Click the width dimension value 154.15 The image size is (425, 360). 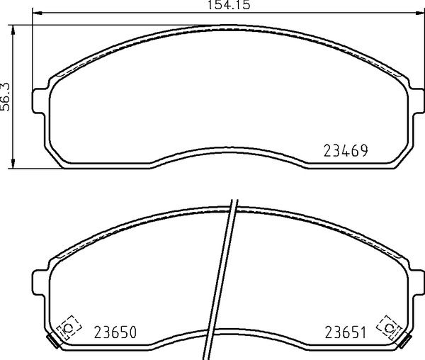pyautogui.click(x=229, y=5)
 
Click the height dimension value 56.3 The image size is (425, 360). pyautogui.click(x=5, y=96)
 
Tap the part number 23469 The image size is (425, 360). pyautogui.click(x=346, y=151)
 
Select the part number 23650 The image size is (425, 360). pyautogui.click(x=115, y=332)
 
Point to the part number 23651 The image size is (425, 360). pyautogui.click(x=346, y=332)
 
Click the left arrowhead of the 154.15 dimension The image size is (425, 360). pyautogui.click(x=38, y=13)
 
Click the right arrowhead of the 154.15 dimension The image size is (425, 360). pyautogui.click(x=419, y=13)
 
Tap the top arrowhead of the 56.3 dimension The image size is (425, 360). pyautogui.click(x=13, y=30)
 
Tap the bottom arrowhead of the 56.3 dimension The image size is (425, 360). pyautogui.click(x=13, y=163)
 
